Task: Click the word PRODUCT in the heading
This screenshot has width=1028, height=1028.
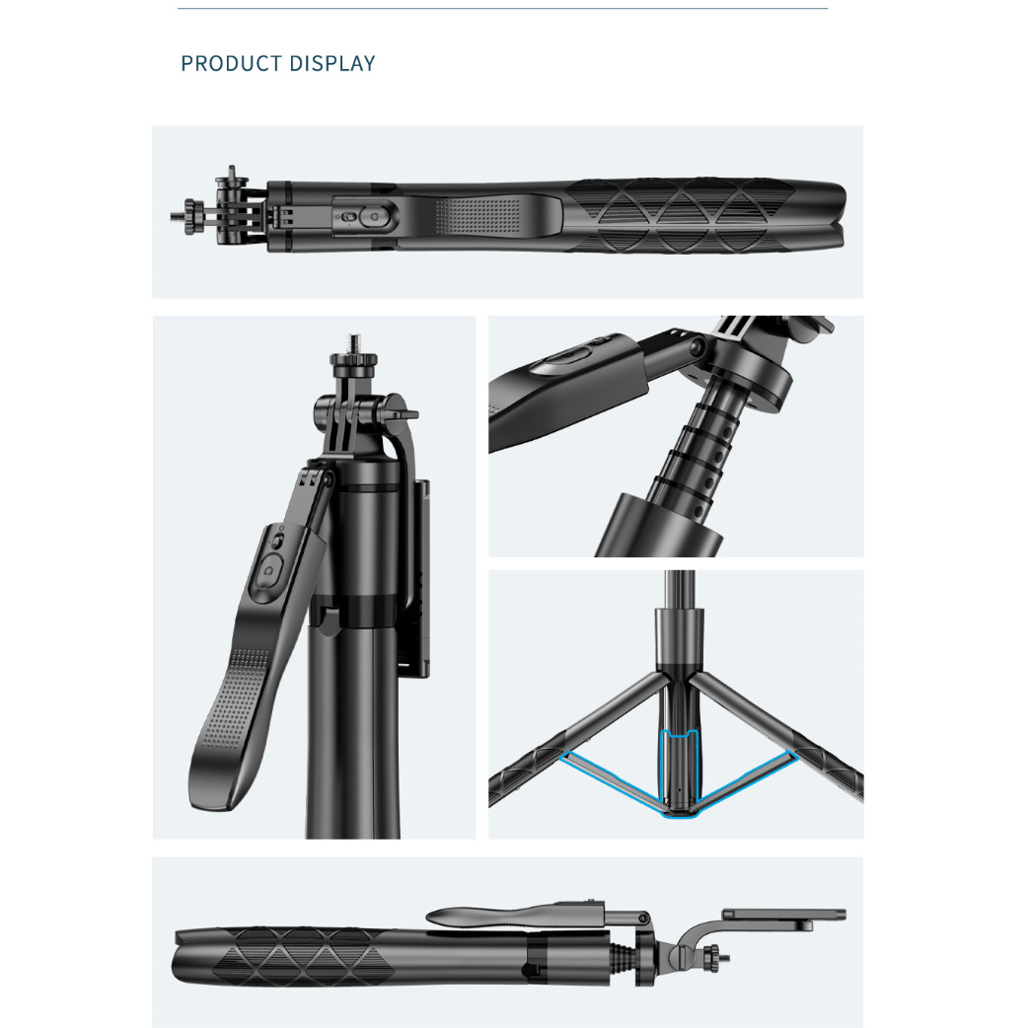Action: point(231,63)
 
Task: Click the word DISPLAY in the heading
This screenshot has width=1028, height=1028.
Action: point(332,63)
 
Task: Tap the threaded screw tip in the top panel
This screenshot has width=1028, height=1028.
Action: point(177,216)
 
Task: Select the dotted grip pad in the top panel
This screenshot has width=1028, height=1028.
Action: point(477,215)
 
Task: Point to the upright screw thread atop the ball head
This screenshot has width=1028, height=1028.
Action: point(355,343)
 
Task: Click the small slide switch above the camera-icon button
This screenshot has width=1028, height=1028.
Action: point(277,543)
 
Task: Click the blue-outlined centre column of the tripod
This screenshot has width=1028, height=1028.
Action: point(679,773)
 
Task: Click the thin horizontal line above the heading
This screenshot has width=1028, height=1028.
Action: point(502,9)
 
